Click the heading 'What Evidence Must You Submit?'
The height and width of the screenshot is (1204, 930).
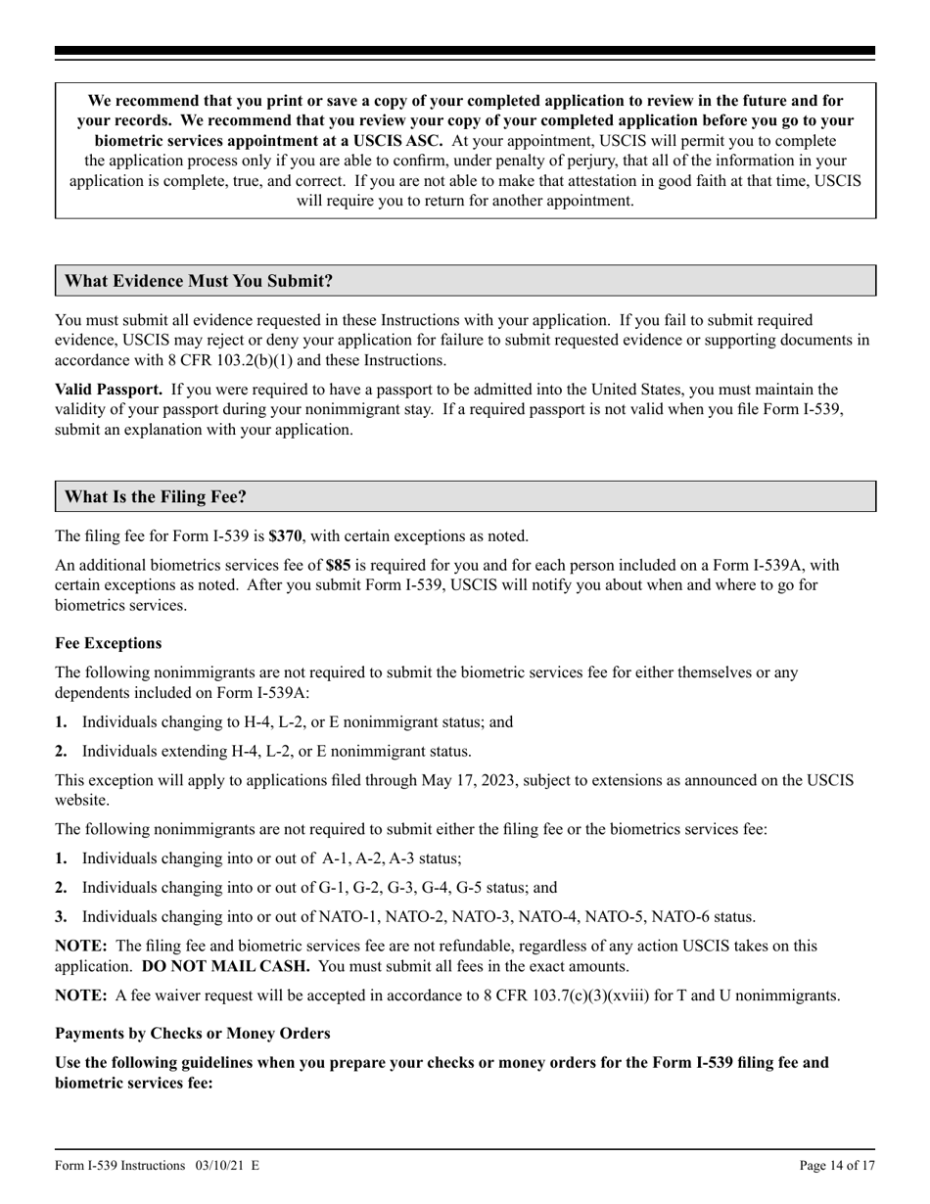(x=198, y=281)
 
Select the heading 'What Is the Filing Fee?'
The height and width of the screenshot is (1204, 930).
(x=155, y=496)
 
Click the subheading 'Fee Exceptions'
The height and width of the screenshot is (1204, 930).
(x=108, y=643)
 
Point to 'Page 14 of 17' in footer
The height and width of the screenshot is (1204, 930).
(x=837, y=1165)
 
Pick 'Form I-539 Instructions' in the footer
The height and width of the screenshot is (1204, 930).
(x=120, y=1165)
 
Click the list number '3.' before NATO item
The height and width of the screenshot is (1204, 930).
(x=62, y=917)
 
